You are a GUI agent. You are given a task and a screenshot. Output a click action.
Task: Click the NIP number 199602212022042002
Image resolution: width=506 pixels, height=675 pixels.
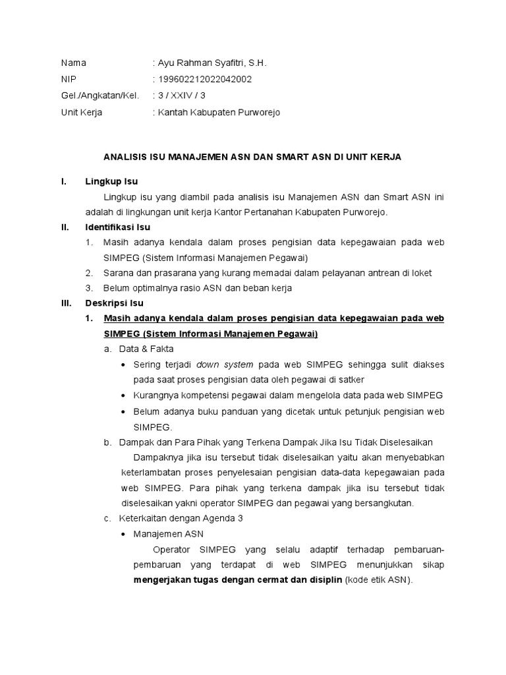[204, 80]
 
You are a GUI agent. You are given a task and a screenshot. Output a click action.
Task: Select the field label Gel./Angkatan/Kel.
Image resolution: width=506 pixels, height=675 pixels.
[100, 96]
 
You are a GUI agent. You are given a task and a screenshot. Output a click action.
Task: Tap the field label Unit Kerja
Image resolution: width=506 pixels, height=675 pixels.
[82, 113]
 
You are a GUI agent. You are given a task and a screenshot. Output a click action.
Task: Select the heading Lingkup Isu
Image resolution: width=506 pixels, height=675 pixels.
[111, 181]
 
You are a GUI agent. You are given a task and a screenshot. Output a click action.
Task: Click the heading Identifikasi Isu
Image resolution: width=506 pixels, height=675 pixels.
[118, 227]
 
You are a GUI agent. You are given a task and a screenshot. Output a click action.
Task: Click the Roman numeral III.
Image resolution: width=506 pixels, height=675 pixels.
[66, 303]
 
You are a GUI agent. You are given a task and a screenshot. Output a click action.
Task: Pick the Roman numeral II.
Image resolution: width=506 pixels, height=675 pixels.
[65, 227]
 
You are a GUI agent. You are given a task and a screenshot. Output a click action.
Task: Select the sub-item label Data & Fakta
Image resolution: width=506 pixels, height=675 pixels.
[146, 349]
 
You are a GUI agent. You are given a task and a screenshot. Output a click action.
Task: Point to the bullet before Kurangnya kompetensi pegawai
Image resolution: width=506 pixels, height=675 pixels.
[125, 396]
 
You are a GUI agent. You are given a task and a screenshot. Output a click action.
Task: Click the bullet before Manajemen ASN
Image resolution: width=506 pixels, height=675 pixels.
[125, 535]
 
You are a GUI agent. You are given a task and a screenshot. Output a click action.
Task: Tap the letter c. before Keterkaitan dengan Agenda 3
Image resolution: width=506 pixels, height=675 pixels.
[107, 519]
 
